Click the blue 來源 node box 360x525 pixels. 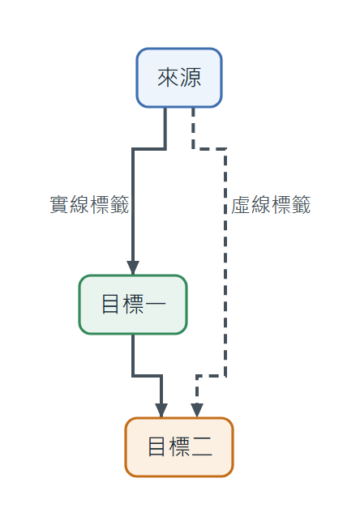[179, 78]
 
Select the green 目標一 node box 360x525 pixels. [133, 305]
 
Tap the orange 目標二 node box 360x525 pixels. [179, 447]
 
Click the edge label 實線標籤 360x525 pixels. [89, 205]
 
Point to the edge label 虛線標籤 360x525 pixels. [271, 205]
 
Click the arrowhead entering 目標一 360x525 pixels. [133, 268]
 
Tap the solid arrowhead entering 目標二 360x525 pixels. [161, 411]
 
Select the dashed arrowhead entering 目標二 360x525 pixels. [197, 411]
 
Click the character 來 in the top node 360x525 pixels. [169, 78]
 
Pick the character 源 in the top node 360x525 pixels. [191, 78]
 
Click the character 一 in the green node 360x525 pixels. [156, 305]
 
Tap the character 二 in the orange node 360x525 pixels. [202, 447]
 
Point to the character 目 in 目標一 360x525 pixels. [110, 305]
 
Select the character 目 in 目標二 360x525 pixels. [156, 447]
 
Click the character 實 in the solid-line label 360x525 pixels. [60, 205]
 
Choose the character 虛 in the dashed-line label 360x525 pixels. [241, 205]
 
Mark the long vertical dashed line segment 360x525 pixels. [225, 262]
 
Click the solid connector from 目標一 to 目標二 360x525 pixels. [147, 376]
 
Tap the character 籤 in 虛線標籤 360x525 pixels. [301, 205]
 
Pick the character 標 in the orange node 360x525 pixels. [180, 447]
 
